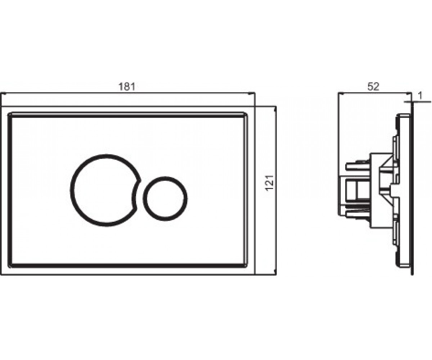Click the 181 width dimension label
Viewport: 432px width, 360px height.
click(127, 86)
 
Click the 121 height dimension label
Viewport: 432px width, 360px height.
click(270, 183)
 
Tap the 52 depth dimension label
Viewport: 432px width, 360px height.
click(373, 86)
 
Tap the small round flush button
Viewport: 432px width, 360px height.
click(165, 199)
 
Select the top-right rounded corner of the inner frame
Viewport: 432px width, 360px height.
click(246, 114)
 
